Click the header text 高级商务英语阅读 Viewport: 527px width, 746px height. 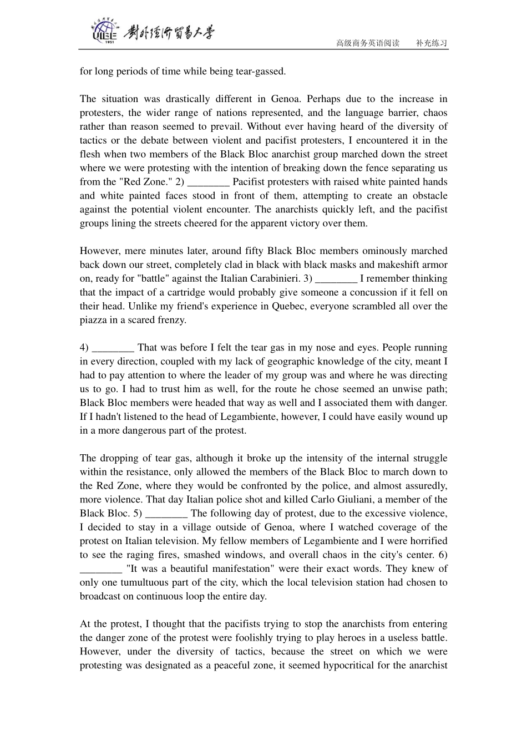click(368, 43)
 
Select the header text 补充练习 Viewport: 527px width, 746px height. click(432, 43)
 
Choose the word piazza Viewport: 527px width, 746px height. click(93, 320)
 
